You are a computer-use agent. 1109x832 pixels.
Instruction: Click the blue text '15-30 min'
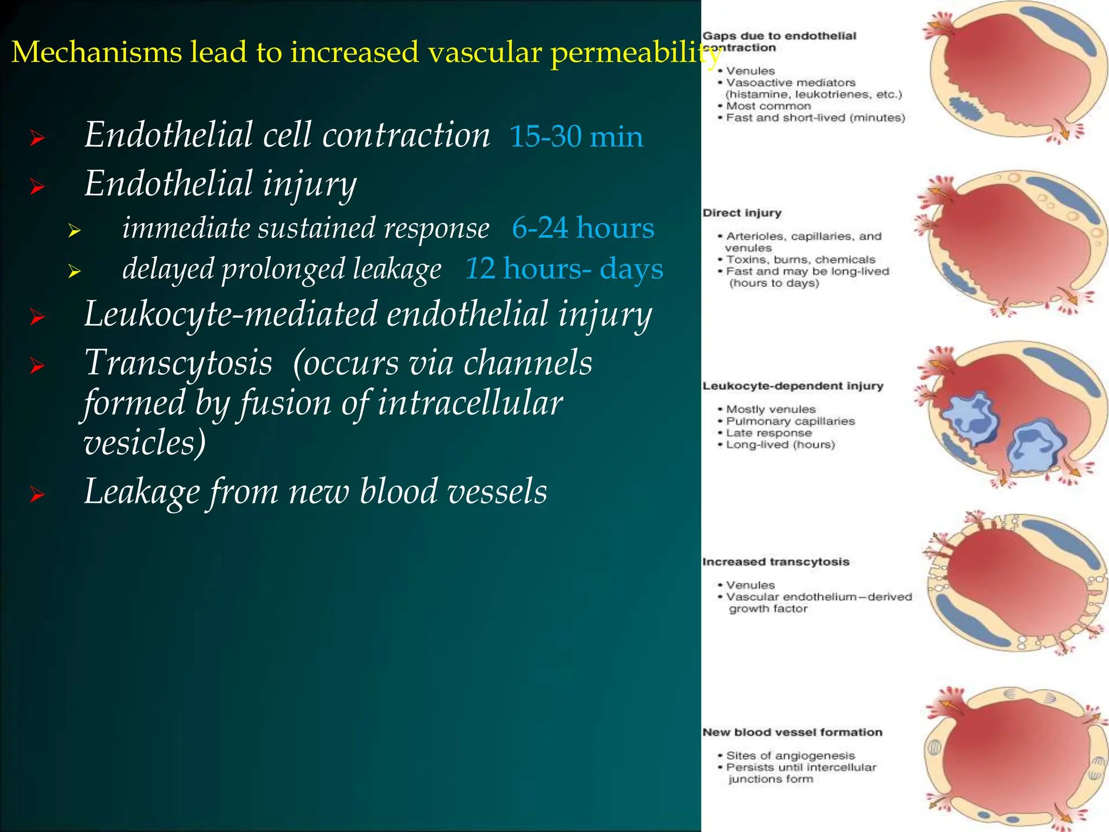(576, 136)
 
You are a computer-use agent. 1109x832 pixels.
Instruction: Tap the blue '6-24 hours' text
(583, 228)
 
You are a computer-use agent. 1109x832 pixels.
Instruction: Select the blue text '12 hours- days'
(564, 269)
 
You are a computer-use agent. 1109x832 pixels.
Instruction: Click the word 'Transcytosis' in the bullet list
(178, 363)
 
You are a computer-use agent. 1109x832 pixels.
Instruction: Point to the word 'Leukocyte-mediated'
(231, 314)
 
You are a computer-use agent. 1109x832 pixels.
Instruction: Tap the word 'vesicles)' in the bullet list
(145, 443)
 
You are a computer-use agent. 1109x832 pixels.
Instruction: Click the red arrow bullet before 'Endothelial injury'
(37, 187)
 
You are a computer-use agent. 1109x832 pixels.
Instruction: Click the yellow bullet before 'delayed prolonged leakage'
(75, 271)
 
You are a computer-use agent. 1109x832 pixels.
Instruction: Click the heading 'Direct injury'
(742, 213)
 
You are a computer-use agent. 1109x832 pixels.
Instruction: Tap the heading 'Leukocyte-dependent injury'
(793, 386)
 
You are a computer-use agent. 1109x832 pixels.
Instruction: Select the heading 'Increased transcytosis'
(775, 562)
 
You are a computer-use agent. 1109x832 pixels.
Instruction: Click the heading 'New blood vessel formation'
(792, 732)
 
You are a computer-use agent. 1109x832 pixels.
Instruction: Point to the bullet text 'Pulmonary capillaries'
(790, 421)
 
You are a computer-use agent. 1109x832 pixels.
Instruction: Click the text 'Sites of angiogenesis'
(790, 756)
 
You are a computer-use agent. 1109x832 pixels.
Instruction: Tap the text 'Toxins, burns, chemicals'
(800, 260)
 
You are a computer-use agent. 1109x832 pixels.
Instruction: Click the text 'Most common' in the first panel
(768, 106)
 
